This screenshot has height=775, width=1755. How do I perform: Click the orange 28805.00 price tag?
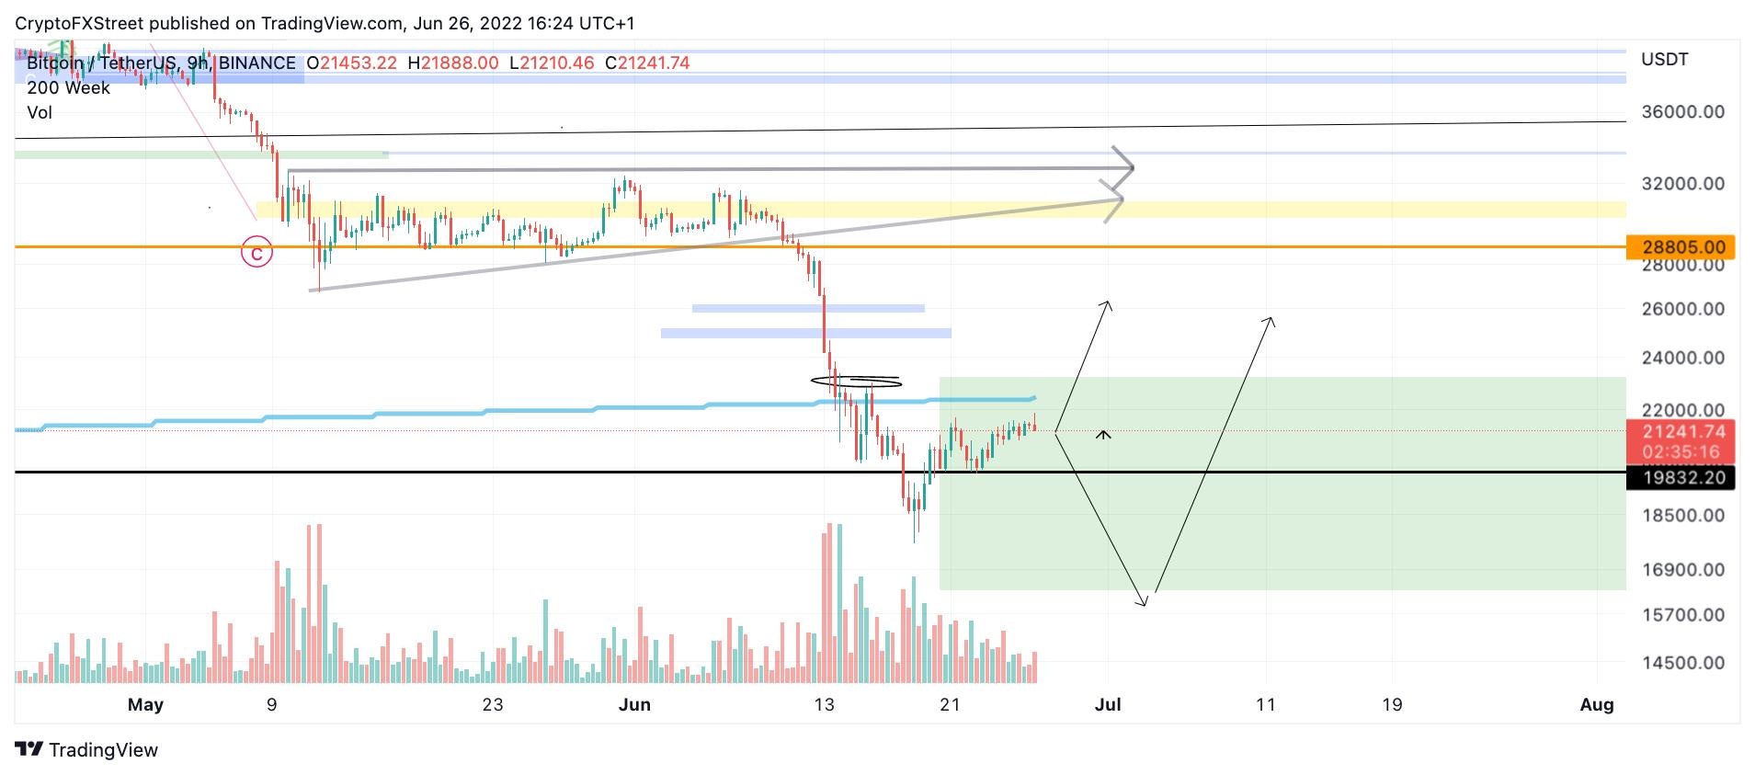[x=1680, y=246]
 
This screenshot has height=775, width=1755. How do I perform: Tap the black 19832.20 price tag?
[x=1680, y=478]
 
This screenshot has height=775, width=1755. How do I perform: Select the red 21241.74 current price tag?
[x=1680, y=432]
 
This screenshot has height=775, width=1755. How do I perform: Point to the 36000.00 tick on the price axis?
[x=1682, y=112]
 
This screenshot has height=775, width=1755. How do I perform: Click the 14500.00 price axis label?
[x=1682, y=662]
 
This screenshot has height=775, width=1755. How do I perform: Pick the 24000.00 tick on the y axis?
[x=1682, y=358]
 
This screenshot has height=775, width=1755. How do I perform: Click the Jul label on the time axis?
[x=1108, y=704]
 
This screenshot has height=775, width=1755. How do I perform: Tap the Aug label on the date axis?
[x=1597, y=704]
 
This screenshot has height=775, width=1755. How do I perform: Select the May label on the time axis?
[x=145, y=704]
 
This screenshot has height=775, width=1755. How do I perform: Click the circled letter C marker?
[x=257, y=252]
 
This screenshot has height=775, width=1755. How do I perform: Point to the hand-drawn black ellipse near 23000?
[x=856, y=381]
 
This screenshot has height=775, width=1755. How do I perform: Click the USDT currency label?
[x=1664, y=60]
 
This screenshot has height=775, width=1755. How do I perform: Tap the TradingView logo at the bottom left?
[x=87, y=749]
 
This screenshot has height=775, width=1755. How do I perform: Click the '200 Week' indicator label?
[x=68, y=88]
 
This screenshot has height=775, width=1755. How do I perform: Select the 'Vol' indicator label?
[x=40, y=113]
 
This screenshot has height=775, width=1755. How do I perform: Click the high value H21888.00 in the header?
[x=453, y=63]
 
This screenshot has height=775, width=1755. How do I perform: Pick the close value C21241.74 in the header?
[x=647, y=63]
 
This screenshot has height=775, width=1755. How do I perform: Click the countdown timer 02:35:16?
[x=1680, y=452]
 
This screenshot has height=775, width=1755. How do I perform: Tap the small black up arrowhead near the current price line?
[x=1103, y=434]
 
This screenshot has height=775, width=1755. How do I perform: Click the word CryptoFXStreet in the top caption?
[x=79, y=23]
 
